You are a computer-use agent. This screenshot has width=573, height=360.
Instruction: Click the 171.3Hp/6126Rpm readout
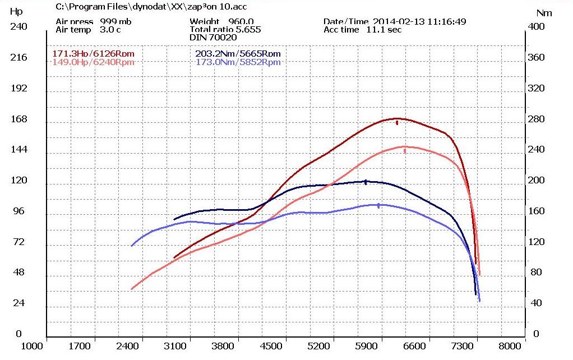click(93, 54)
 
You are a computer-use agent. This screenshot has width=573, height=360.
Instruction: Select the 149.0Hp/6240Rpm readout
click(93, 62)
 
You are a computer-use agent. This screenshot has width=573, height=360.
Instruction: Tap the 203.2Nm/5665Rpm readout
click(238, 54)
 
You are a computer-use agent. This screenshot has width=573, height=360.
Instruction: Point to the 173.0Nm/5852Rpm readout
click(238, 62)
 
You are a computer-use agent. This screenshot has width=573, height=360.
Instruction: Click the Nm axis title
click(543, 12)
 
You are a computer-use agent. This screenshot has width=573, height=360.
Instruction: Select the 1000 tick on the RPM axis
click(33, 346)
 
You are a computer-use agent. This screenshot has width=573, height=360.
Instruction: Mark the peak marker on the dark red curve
click(397, 122)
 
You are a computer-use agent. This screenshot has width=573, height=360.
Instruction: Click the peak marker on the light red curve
click(405, 150)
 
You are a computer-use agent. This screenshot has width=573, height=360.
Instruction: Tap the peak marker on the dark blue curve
click(366, 182)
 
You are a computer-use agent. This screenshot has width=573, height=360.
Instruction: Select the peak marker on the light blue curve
click(378, 206)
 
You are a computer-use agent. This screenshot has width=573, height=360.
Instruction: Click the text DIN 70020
click(213, 38)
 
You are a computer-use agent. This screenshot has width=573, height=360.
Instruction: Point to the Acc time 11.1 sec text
click(362, 30)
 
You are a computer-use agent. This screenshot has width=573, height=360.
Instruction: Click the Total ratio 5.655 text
click(225, 30)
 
